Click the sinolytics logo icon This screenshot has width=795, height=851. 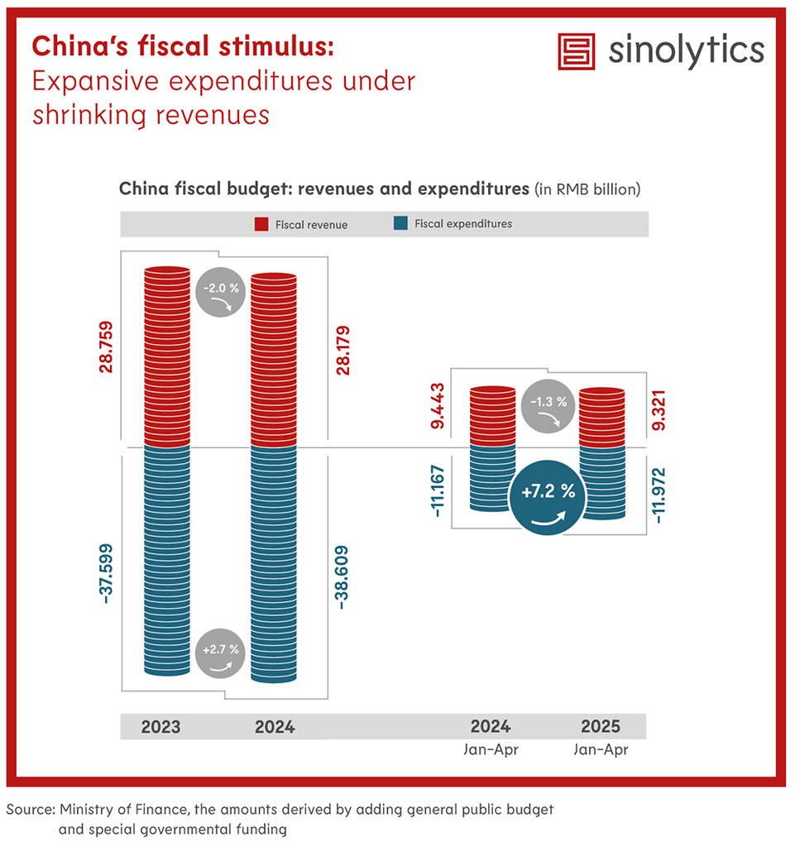pyautogui.click(x=577, y=52)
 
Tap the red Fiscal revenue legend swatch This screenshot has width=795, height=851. pyautogui.click(x=260, y=224)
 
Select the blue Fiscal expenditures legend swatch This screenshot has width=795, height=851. pyautogui.click(x=401, y=224)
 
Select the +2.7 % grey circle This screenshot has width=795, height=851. pyautogui.click(x=220, y=653)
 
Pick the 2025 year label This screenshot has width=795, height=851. pyautogui.click(x=601, y=728)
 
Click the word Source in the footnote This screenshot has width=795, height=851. pyautogui.click(x=30, y=810)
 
